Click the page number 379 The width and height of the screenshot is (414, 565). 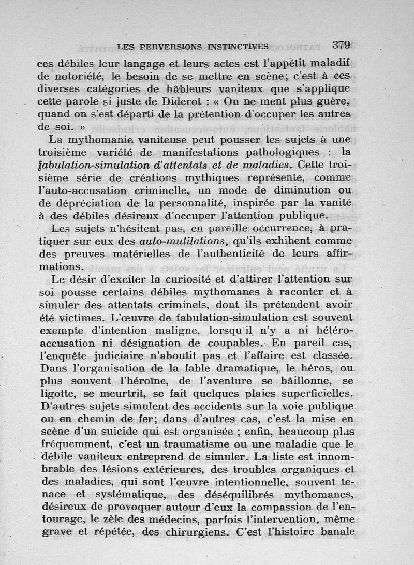tap(342, 45)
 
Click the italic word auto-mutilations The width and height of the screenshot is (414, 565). tap(182, 241)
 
